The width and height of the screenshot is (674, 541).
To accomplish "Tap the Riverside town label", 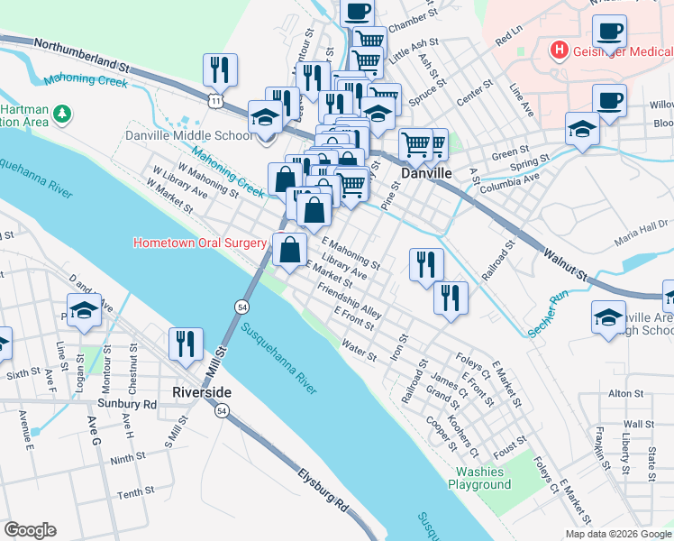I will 202,392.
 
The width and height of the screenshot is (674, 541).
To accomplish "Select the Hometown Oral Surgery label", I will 200,243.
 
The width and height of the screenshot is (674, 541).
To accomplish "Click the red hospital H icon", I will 560,50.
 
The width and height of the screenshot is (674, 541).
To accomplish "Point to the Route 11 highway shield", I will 214,101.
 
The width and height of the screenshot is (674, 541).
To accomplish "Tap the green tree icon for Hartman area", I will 62,115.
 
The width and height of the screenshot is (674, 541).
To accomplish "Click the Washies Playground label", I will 483,478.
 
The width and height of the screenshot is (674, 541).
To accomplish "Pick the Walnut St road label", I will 565,258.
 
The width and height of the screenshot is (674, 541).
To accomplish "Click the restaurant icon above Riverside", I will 186,344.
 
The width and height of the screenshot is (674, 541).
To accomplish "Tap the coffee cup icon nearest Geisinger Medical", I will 610,30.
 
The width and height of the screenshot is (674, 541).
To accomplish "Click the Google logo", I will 30,529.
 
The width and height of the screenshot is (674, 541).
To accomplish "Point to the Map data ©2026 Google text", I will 618,533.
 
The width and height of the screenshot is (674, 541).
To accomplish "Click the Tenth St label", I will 135,493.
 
